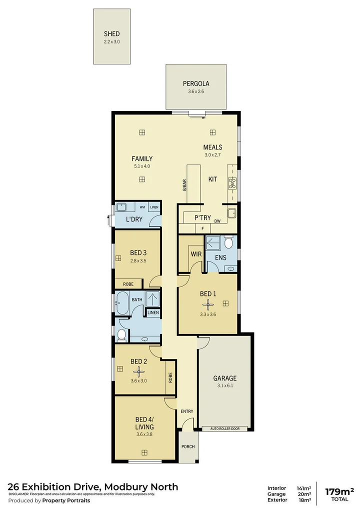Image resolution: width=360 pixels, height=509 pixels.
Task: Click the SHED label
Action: point(111,34)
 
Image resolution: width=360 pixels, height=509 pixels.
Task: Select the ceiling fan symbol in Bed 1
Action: point(208,303)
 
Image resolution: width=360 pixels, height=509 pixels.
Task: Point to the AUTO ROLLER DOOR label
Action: point(225,428)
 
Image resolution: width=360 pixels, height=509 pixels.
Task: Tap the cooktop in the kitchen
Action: point(232,183)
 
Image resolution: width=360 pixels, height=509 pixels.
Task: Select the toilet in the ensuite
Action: point(228,243)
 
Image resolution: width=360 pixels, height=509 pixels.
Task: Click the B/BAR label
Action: point(184,184)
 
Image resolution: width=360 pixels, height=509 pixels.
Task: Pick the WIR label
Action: point(195,254)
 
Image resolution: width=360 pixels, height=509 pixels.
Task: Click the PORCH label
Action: point(188,446)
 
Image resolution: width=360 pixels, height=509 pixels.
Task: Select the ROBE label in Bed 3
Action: point(128,284)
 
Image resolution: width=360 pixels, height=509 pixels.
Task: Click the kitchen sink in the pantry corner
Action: point(231,213)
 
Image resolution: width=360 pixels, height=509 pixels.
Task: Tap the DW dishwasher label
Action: point(217,221)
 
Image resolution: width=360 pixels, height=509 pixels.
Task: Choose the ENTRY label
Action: point(187,411)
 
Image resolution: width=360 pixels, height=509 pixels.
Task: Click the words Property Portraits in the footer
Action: point(66,500)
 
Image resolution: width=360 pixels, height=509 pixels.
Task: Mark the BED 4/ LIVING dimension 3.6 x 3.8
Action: point(144,434)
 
